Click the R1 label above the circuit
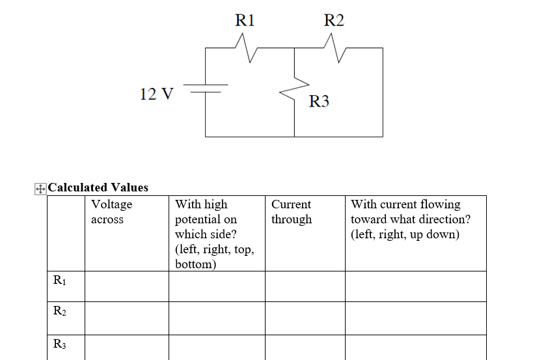[x=245, y=21]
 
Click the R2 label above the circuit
[x=334, y=21]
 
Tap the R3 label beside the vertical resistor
[x=319, y=102]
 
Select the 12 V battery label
[x=157, y=94]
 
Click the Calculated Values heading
[x=98, y=187]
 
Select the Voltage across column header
[x=111, y=212]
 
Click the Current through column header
[x=291, y=212]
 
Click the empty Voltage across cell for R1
[x=126, y=286]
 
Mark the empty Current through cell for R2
[x=305, y=318]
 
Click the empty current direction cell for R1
[x=415, y=286]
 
